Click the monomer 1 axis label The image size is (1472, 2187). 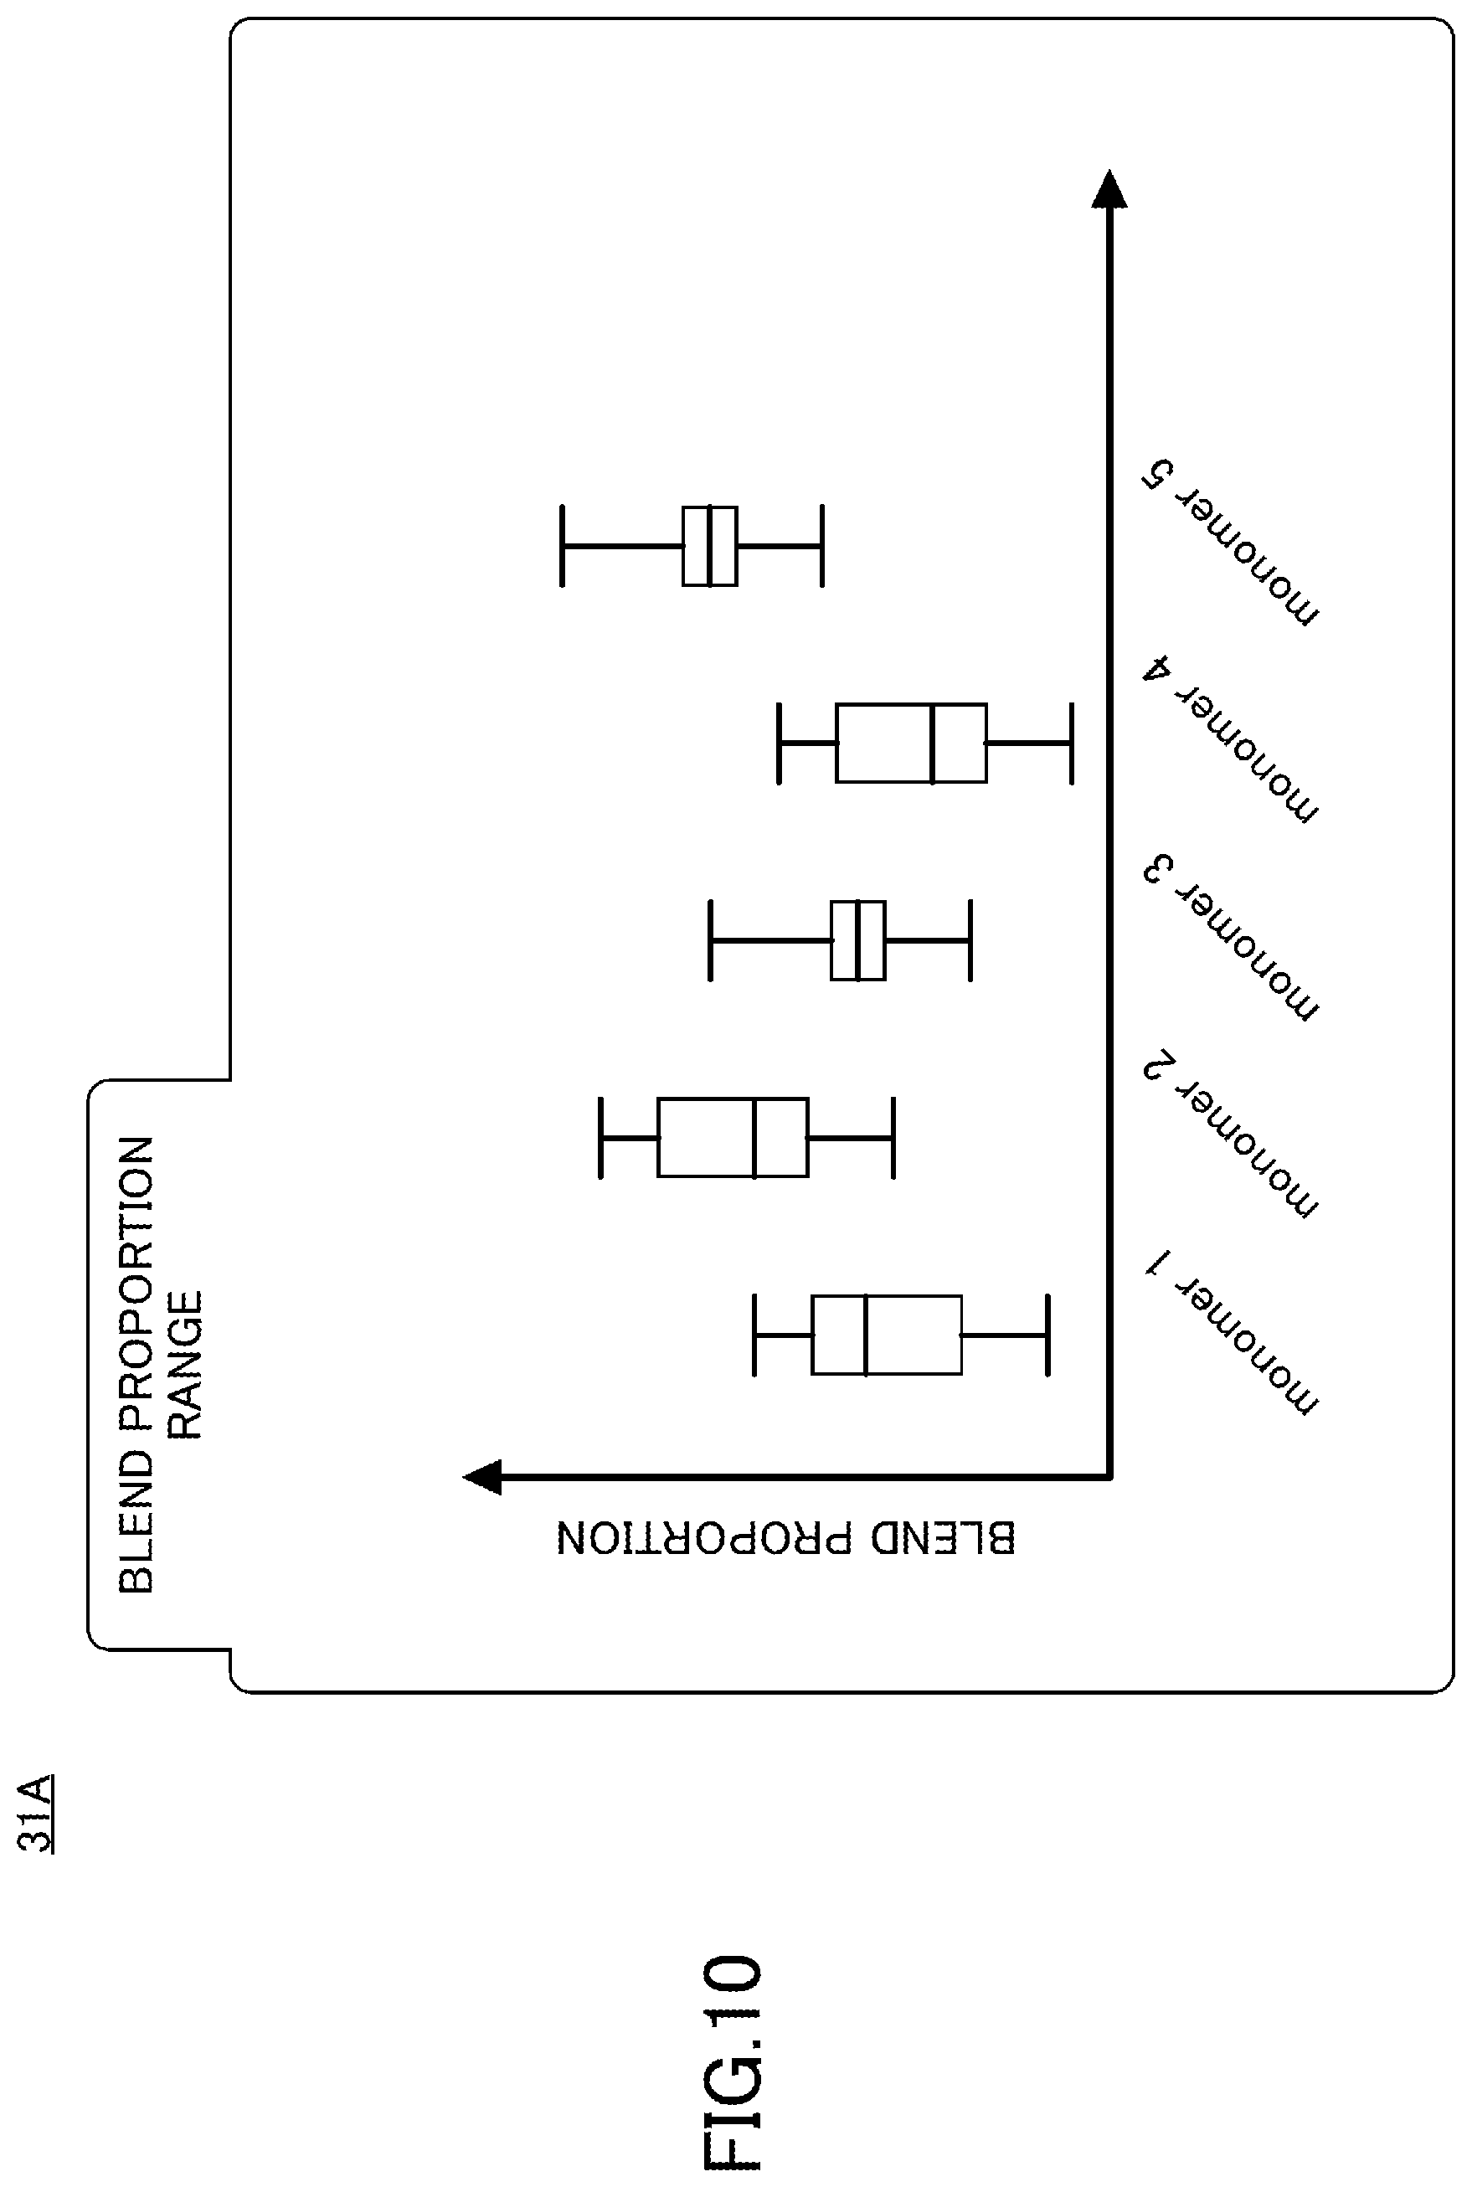(x=1231, y=1332)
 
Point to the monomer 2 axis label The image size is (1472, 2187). (x=1231, y=1135)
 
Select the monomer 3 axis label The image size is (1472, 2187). (x=1231, y=937)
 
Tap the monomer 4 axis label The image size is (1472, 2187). (x=1231, y=739)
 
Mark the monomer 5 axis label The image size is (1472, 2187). (x=1231, y=543)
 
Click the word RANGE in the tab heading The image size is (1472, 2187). (x=185, y=1366)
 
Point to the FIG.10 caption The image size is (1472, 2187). (x=733, y=2061)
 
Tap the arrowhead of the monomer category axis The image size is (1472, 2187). (x=1109, y=188)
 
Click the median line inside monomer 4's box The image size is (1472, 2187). (x=932, y=743)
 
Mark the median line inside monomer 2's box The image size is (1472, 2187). (x=754, y=1137)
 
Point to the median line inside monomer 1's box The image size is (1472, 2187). (x=865, y=1335)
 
